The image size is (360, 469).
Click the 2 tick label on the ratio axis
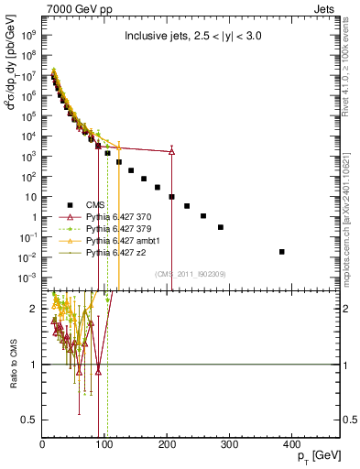(x=34, y=310)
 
